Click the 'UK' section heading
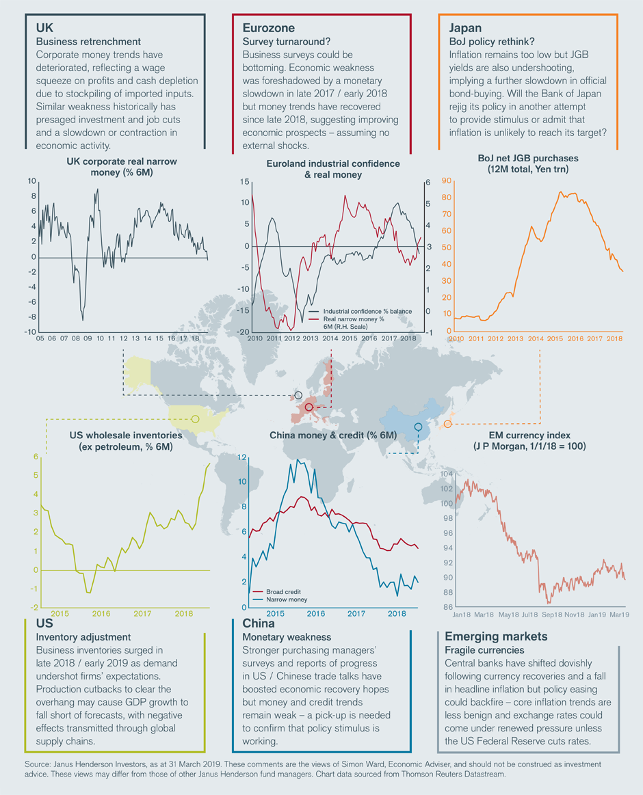46,28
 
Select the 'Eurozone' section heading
269,28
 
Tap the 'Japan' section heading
467,28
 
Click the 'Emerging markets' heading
490,636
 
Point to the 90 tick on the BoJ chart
447,181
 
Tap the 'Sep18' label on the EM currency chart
544,615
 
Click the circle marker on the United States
195,418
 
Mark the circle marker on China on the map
418,427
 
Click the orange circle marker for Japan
447,424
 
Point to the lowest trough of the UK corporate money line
83,319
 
